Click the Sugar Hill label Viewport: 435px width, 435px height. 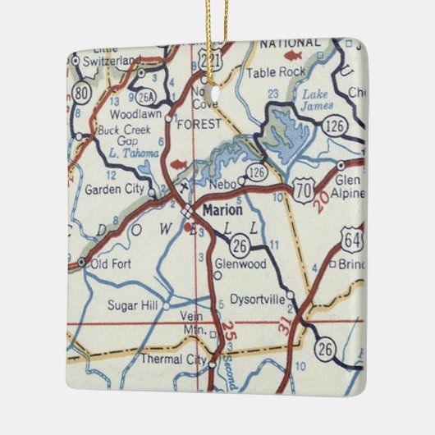coord(131,304)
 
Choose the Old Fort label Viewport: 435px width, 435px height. coord(109,263)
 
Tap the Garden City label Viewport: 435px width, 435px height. coord(114,189)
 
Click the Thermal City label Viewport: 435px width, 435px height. coord(173,359)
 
